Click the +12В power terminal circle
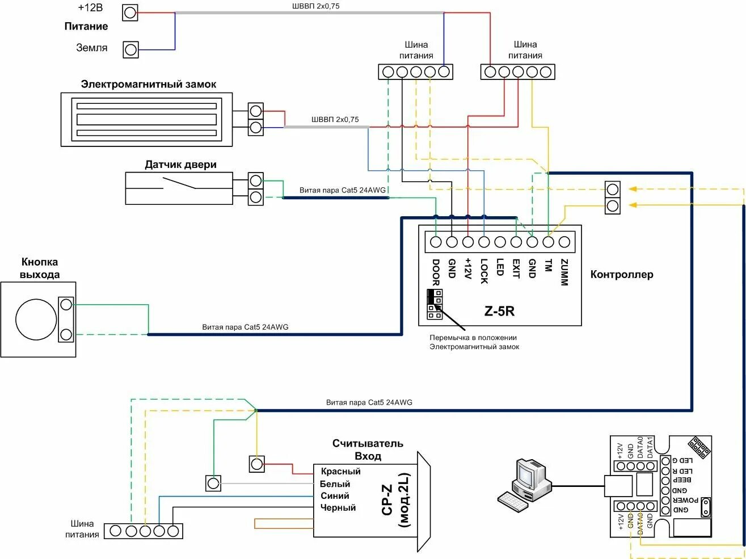coord(130,12)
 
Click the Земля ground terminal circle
coord(130,50)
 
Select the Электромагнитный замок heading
coord(149,85)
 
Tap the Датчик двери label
coord(180,165)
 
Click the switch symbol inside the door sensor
coord(179,183)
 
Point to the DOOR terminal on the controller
coord(436,242)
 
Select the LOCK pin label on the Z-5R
coord(484,271)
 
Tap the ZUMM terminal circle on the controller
coord(564,242)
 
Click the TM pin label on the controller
coord(548,266)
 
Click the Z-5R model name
coord(499,311)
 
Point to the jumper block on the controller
coord(435,304)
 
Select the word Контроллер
coord(622,275)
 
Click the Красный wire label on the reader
coord(340,472)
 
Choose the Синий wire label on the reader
coord(335,496)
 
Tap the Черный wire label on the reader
coord(338,508)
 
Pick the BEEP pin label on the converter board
coord(682,480)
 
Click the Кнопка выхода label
coord(40,268)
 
